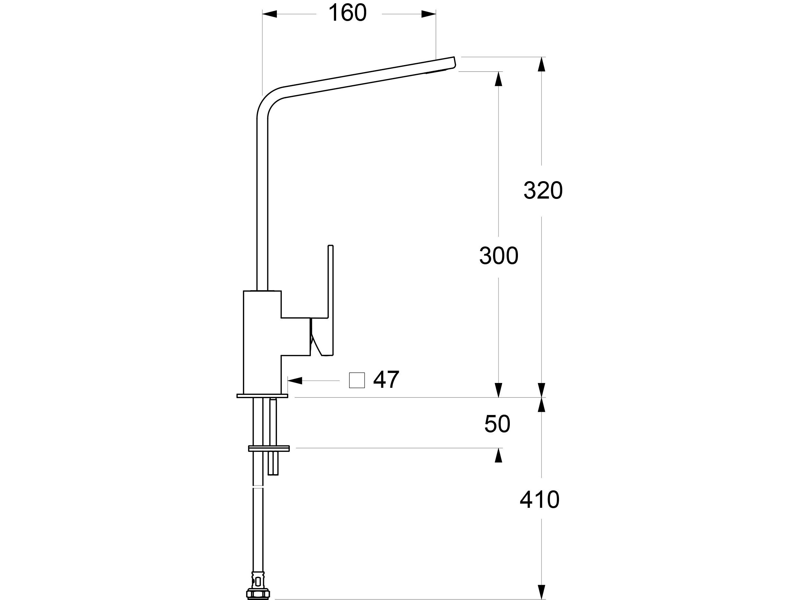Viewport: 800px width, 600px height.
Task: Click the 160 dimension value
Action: pos(347,13)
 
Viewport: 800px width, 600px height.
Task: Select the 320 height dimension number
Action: pos(543,191)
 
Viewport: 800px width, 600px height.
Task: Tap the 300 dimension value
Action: pos(499,256)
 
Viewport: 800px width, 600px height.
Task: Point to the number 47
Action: pos(386,379)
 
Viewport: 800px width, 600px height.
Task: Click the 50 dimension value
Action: pos(497,424)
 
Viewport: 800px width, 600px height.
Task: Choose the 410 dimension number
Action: pos(539,500)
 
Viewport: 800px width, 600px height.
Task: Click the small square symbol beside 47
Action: pos(356,380)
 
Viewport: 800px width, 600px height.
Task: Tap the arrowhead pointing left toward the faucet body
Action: pos(295,380)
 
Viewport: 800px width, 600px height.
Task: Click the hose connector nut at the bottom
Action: pos(258,593)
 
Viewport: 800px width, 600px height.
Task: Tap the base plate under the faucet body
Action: pos(262,396)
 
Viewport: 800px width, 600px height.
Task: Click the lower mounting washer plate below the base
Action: pos(269,448)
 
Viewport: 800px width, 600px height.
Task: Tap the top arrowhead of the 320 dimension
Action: pos(542,64)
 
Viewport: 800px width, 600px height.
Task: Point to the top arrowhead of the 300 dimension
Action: pos(499,79)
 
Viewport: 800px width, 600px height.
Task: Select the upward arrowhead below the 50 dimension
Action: pos(499,455)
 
